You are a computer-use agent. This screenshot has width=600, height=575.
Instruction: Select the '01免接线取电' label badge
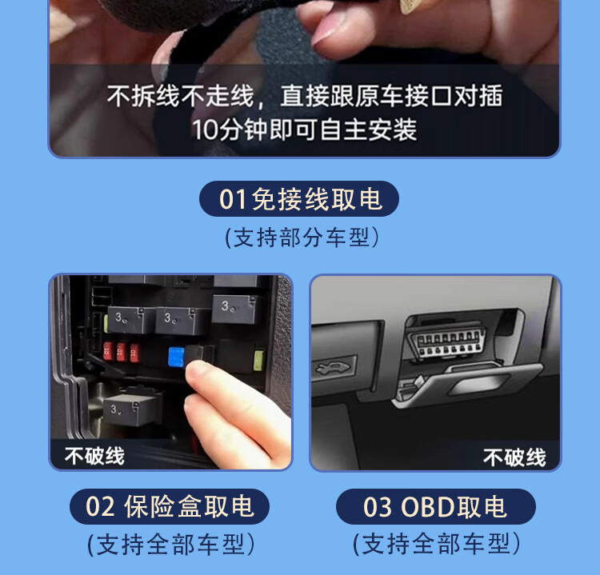point(299,199)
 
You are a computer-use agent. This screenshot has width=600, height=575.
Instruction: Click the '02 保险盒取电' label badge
point(170,506)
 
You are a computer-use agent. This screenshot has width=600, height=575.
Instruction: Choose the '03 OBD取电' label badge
point(436,506)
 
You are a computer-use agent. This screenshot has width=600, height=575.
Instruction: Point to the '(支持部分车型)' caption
point(302,238)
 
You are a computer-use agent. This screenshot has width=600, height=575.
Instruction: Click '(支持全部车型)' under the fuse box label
point(170,544)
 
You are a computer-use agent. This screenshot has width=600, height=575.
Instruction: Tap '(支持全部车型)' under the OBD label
point(437,543)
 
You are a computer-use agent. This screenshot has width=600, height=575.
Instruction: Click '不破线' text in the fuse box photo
point(94,456)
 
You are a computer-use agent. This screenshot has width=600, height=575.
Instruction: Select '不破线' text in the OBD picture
point(514,457)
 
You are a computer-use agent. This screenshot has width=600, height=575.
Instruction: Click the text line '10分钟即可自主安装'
point(304,130)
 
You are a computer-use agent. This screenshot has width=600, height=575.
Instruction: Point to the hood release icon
point(334,369)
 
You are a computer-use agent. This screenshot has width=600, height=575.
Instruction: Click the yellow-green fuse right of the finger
point(258,360)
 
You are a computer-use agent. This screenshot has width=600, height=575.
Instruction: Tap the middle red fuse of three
point(121,351)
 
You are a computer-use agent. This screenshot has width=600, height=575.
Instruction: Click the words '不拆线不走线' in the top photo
point(180,96)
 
